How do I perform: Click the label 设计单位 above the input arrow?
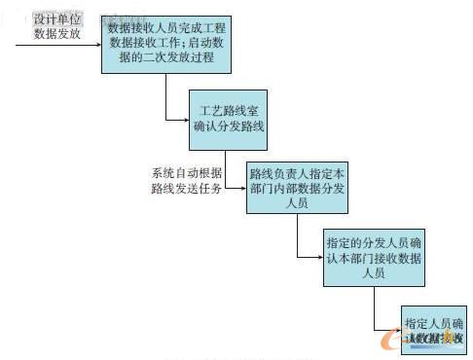click(56, 19)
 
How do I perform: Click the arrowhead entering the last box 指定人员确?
click(398, 332)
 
